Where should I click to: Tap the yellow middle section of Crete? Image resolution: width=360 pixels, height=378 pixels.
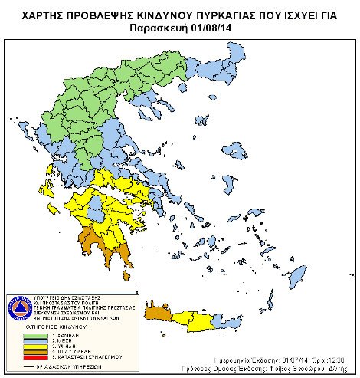pos(191,321)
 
